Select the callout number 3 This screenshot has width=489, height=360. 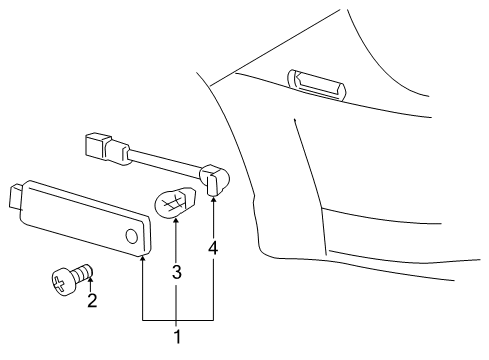point(176,270)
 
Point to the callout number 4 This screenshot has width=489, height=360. point(213,247)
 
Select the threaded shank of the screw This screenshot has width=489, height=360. point(82,269)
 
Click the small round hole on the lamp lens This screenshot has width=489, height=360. point(132,236)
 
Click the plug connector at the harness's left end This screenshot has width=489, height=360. point(96,146)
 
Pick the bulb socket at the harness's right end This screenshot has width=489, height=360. point(214,181)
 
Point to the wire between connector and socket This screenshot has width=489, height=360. point(165,162)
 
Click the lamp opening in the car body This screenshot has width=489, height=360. point(316,83)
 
